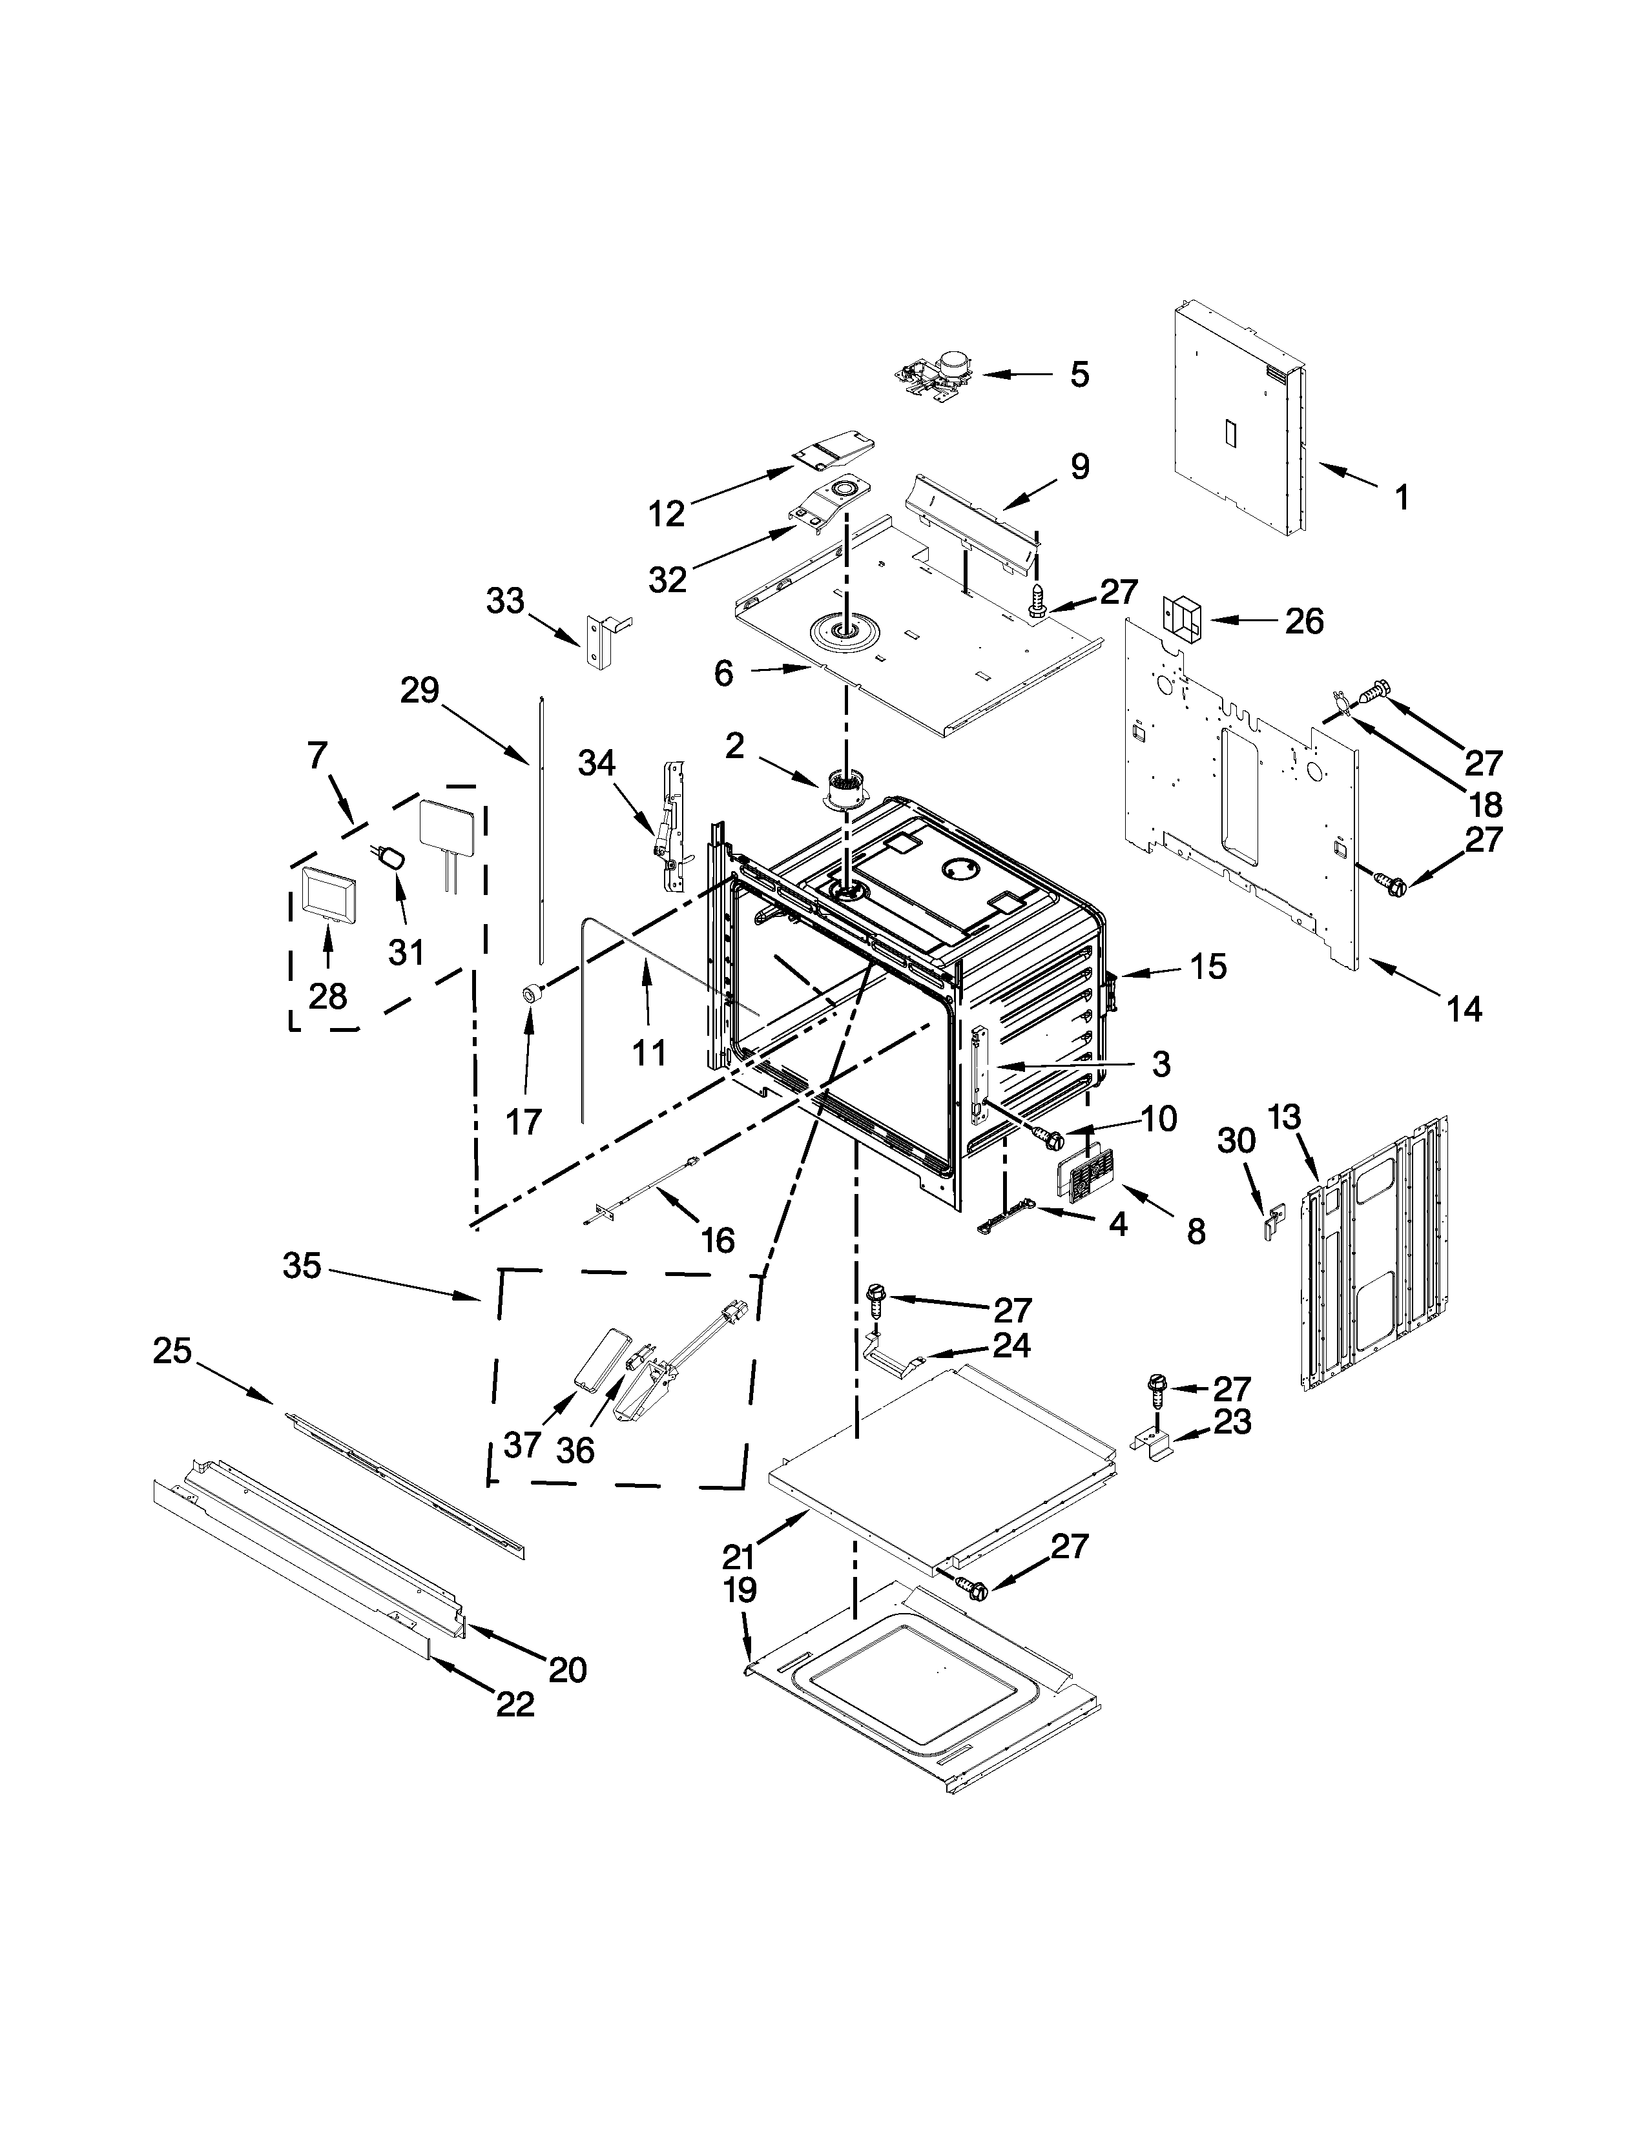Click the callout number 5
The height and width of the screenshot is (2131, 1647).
1079,375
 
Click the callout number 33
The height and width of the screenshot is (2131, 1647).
506,601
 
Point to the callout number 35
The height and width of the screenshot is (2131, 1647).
302,1266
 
